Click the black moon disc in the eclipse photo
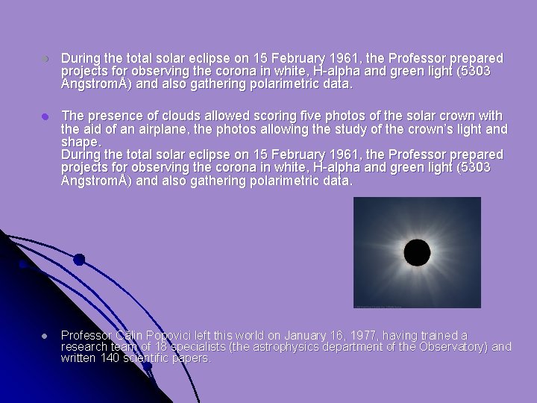[x=416, y=252]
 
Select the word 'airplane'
[x=140, y=129]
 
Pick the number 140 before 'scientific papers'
[x=113, y=358]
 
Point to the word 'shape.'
[x=80, y=142]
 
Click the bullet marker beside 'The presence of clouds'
[x=45, y=116]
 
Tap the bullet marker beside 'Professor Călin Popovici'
[x=45, y=337]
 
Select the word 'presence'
[x=112, y=116]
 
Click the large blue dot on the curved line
[x=79, y=260]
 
